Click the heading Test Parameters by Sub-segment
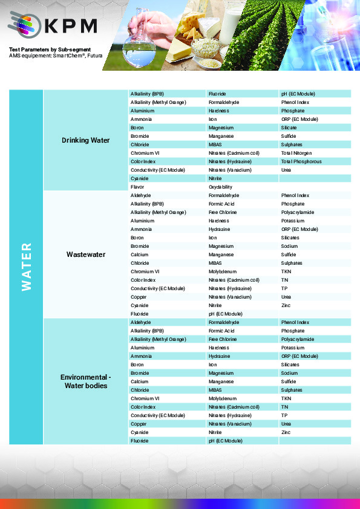click(50, 49)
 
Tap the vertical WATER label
click(26, 267)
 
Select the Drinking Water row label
click(85, 140)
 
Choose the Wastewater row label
click(85, 254)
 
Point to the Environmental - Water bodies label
click(85, 381)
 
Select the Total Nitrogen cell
click(296, 153)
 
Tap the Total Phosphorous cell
click(301, 161)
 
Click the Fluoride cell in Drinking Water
click(217, 94)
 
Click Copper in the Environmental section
click(139, 424)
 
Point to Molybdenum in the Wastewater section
click(223, 271)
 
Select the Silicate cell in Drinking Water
click(289, 128)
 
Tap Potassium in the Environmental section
click(293, 348)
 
